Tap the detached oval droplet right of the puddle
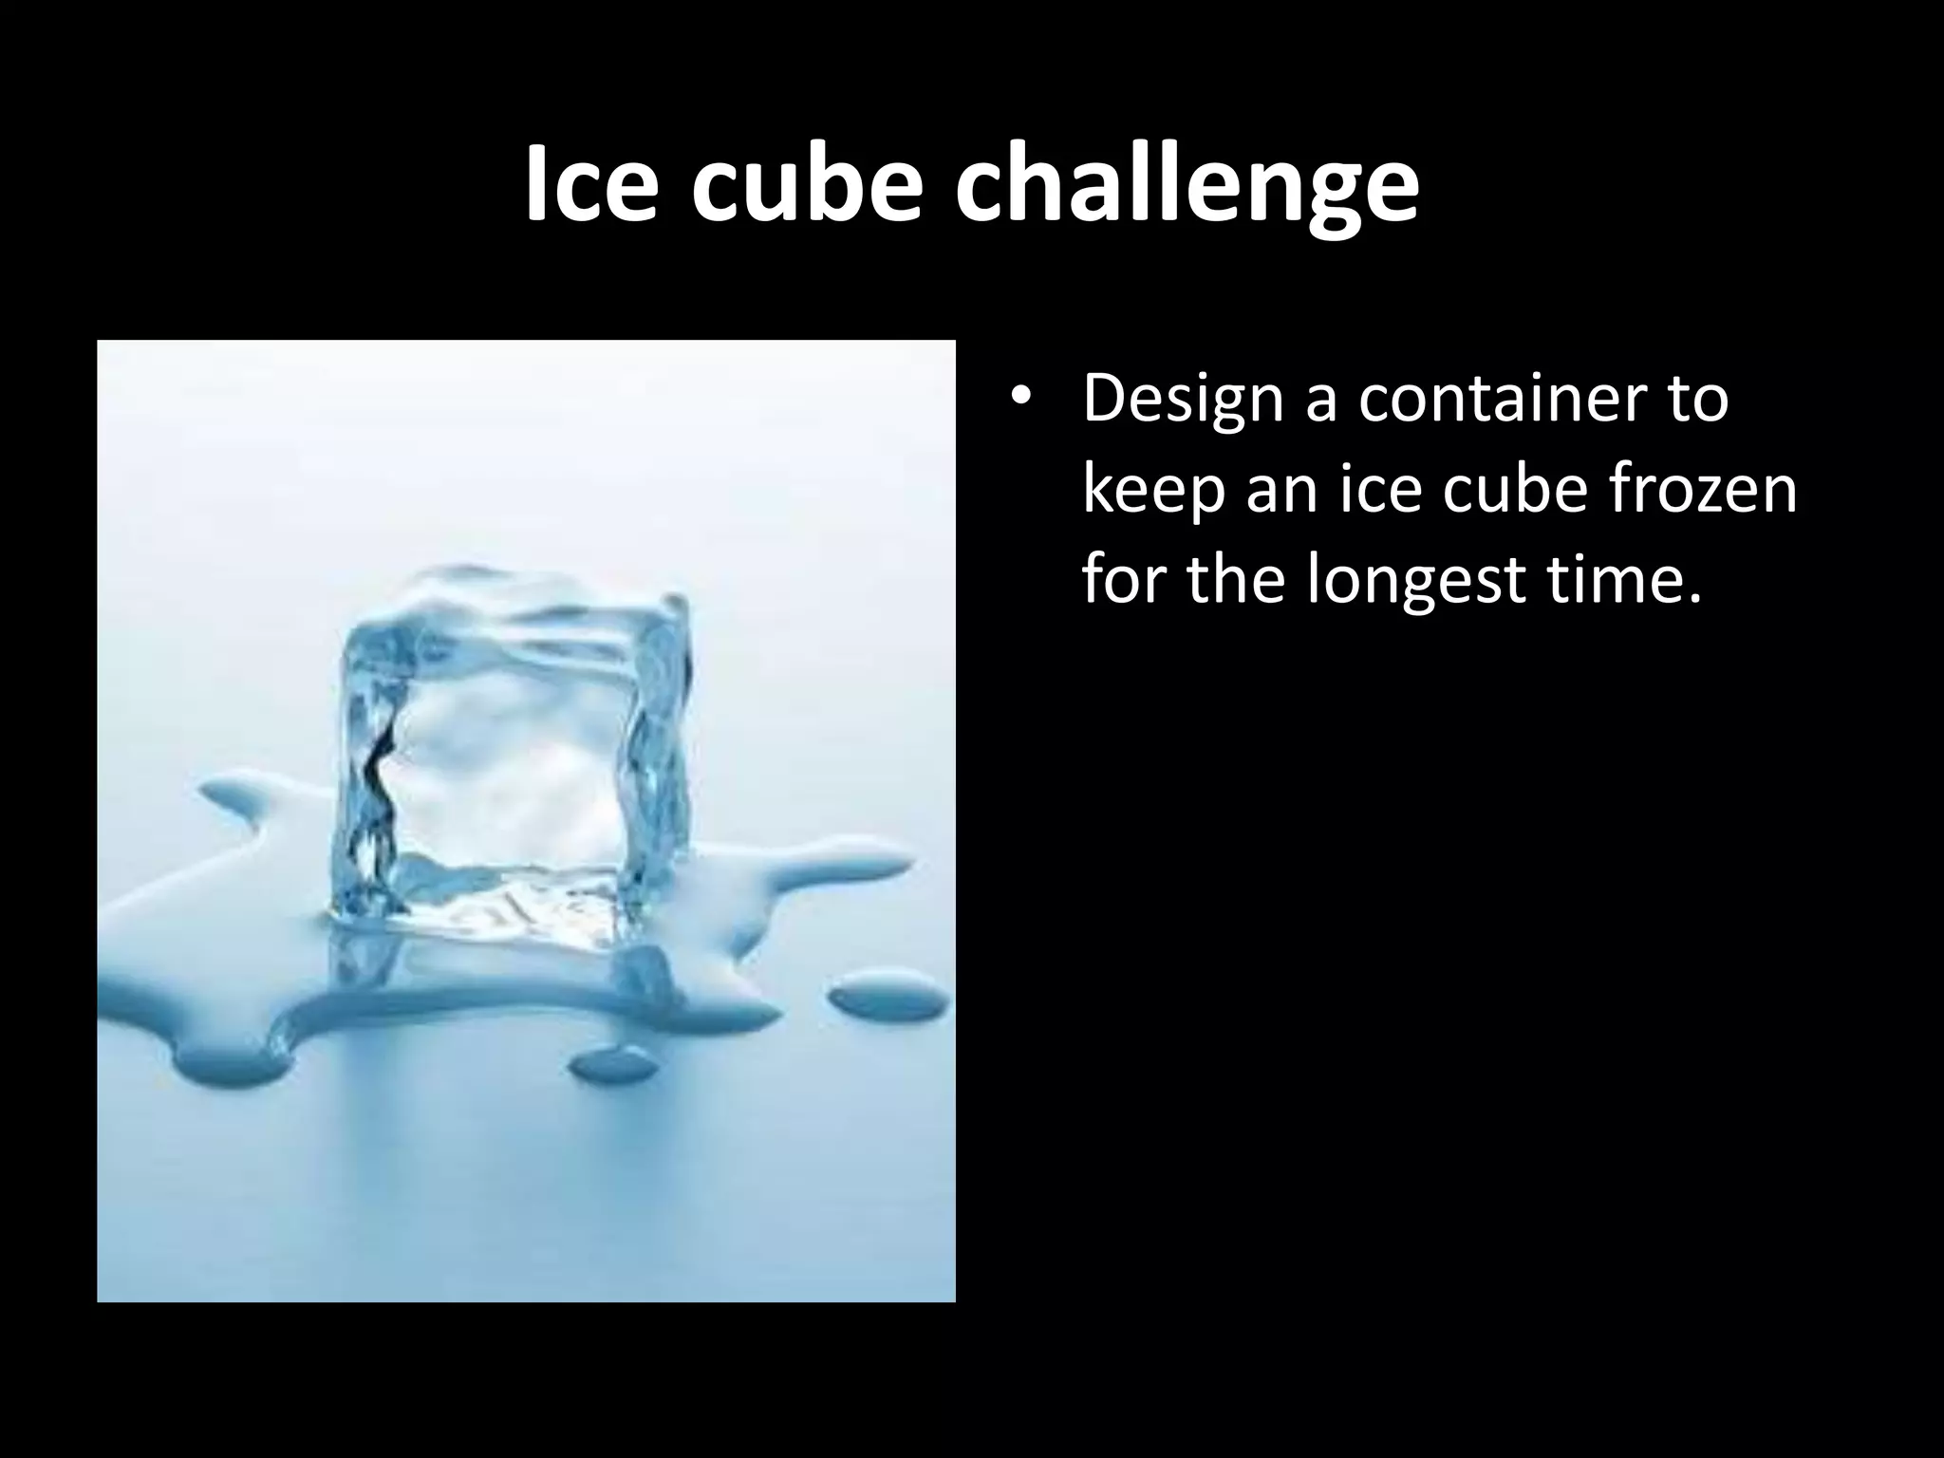888,997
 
